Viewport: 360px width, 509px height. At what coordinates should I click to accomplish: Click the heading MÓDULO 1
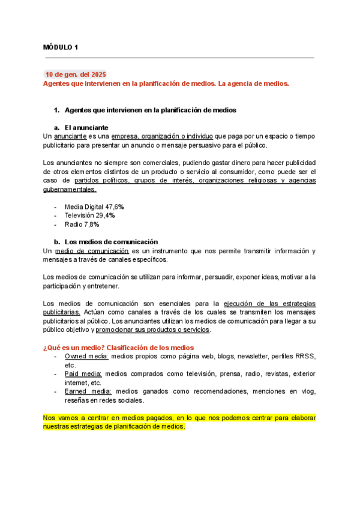(61, 47)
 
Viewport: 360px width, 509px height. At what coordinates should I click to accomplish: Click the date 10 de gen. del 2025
(76, 74)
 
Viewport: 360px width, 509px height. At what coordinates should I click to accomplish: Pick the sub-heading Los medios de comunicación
(111, 241)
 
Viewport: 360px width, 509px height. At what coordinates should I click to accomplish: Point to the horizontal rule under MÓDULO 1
(179, 58)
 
